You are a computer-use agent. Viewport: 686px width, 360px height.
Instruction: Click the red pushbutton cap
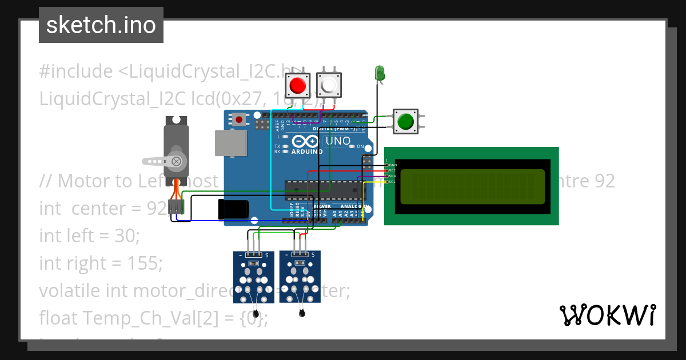297,86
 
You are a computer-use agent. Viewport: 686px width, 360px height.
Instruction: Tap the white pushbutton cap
329,86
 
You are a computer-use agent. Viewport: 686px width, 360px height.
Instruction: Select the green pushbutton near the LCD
405,122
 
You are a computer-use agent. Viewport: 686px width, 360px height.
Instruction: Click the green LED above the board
379,73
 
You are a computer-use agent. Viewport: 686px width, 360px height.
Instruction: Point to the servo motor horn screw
177,161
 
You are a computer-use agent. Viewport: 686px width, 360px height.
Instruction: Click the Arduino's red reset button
239,119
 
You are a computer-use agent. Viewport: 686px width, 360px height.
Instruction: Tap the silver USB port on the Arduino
231,143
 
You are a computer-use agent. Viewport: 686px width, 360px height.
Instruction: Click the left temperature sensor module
253,277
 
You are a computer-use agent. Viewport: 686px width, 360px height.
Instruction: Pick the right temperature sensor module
300,277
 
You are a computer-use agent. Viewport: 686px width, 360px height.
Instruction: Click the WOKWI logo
607,315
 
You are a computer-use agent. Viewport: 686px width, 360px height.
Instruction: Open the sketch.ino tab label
101,25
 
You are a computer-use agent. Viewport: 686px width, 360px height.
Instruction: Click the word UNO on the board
338,141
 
